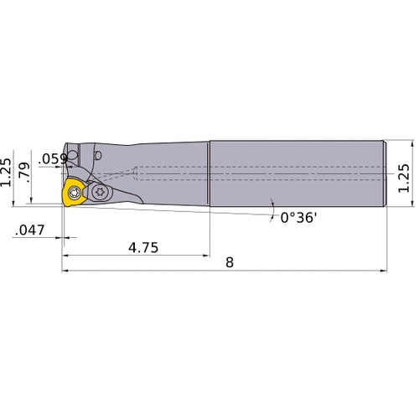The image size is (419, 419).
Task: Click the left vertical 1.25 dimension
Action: click(x=8, y=171)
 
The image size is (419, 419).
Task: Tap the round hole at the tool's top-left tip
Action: click(x=74, y=156)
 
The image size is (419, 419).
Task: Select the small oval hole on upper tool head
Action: click(x=99, y=155)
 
